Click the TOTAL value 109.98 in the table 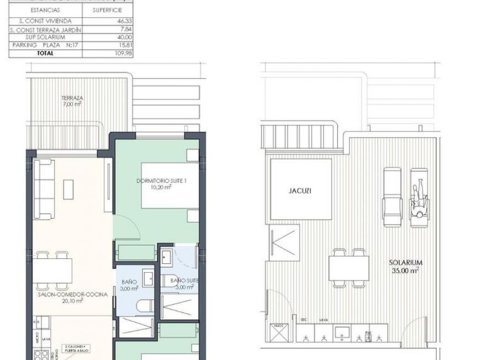pyautogui.click(x=107, y=53)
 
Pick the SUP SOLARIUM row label pyautogui.click(x=45, y=37)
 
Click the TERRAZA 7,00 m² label pyautogui.click(x=72, y=100)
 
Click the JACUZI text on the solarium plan pyautogui.click(x=300, y=191)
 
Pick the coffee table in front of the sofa pyautogui.click(x=70, y=189)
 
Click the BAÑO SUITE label pyautogui.click(x=181, y=282)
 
